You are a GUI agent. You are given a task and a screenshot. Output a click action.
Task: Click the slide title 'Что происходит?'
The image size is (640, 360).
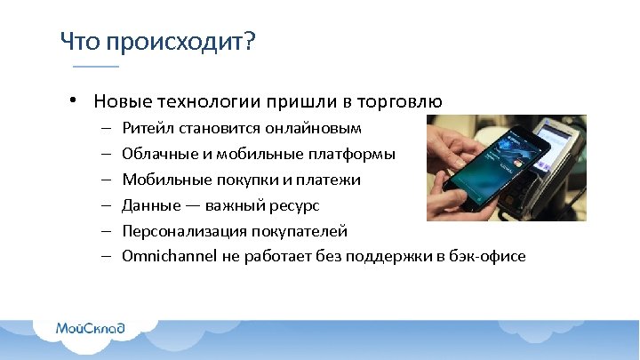pyautogui.click(x=156, y=41)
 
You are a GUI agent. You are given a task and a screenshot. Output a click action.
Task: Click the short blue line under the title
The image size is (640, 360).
pyautogui.click(x=95, y=67)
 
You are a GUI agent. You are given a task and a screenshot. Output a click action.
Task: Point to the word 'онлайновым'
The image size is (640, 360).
pyautogui.click(x=317, y=129)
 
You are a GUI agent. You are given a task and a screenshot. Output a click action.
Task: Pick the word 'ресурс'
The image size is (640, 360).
pyautogui.click(x=292, y=206)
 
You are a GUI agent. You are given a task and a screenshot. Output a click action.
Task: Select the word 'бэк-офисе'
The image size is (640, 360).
pyautogui.click(x=488, y=257)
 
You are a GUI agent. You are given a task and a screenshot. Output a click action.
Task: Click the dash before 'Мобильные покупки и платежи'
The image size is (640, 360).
pyautogui.click(x=105, y=180)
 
